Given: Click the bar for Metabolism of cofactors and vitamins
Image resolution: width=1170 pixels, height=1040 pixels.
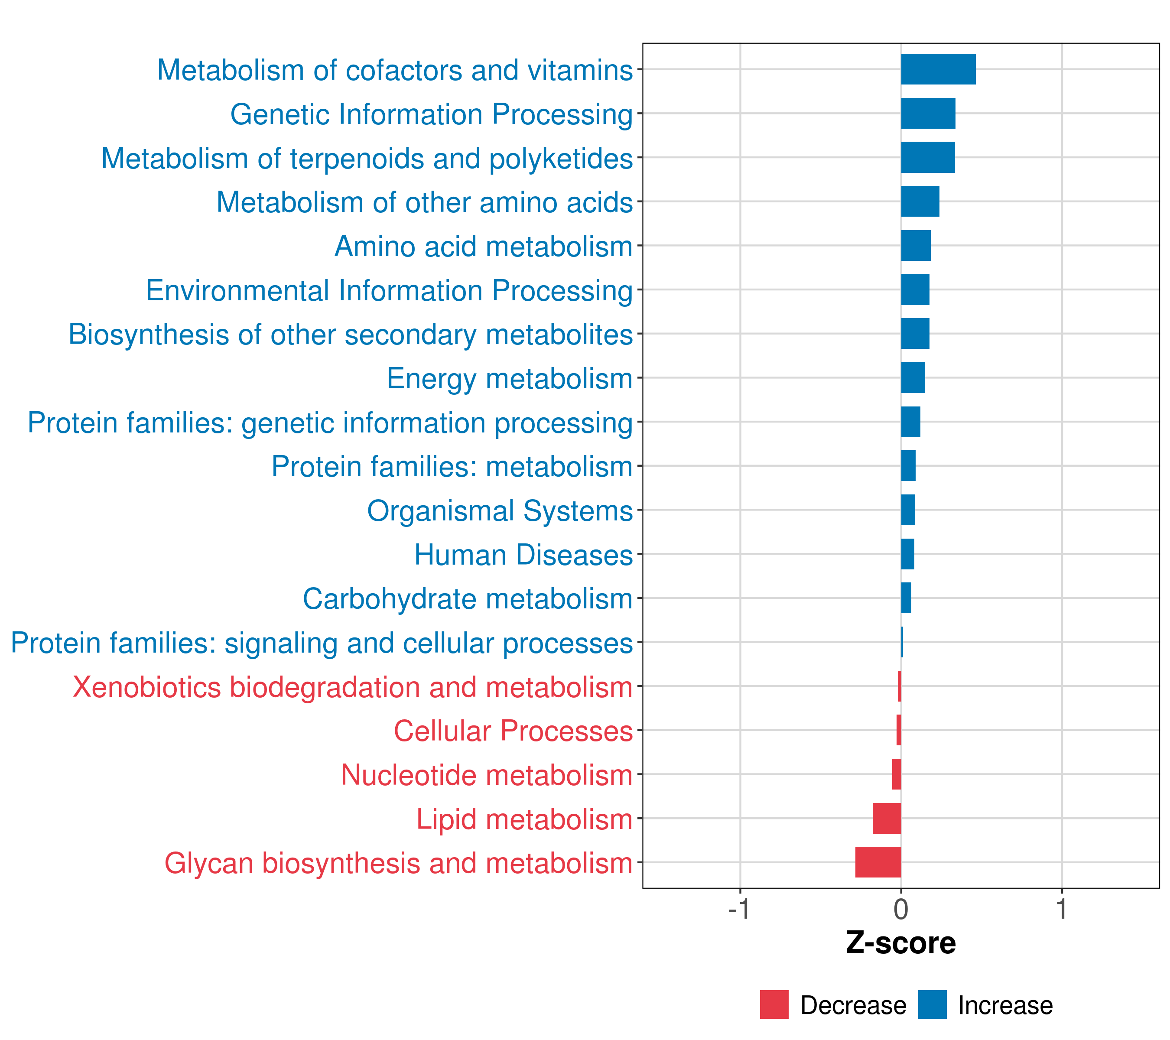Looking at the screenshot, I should point(938,69).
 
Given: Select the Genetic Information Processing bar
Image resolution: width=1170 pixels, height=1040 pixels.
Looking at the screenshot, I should point(928,114).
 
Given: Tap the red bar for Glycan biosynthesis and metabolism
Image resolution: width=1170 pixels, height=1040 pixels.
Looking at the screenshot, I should point(878,862).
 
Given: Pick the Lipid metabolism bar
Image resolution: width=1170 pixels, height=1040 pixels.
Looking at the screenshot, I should point(887,818).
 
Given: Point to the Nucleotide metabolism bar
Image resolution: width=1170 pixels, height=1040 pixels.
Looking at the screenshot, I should point(897,774).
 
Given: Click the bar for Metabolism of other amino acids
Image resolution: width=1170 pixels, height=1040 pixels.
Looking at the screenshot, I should point(920,201).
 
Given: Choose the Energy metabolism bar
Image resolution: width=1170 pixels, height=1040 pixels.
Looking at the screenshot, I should point(913,378).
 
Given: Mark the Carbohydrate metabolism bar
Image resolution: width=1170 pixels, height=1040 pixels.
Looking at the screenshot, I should point(906,598).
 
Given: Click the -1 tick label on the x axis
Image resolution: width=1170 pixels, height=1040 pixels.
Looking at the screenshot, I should point(739,909).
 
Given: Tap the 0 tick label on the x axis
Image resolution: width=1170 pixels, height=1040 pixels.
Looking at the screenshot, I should point(901,909).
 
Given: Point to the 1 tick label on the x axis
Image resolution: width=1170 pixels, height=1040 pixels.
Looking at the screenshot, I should point(1062,909).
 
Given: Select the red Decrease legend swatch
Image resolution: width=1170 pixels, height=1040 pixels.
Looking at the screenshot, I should point(774,1004).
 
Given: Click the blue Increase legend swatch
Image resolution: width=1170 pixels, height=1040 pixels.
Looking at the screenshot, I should point(932,1004).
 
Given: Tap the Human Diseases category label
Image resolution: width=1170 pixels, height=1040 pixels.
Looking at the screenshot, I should point(523,555).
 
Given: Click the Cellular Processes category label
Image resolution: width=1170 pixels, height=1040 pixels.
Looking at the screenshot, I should point(513,731).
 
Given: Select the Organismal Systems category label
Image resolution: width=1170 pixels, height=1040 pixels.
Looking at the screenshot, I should point(500,510).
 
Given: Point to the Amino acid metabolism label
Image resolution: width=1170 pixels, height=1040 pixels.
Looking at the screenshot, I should point(484,246).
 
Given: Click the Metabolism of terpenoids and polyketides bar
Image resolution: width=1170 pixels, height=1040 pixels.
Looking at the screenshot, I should point(928,157).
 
